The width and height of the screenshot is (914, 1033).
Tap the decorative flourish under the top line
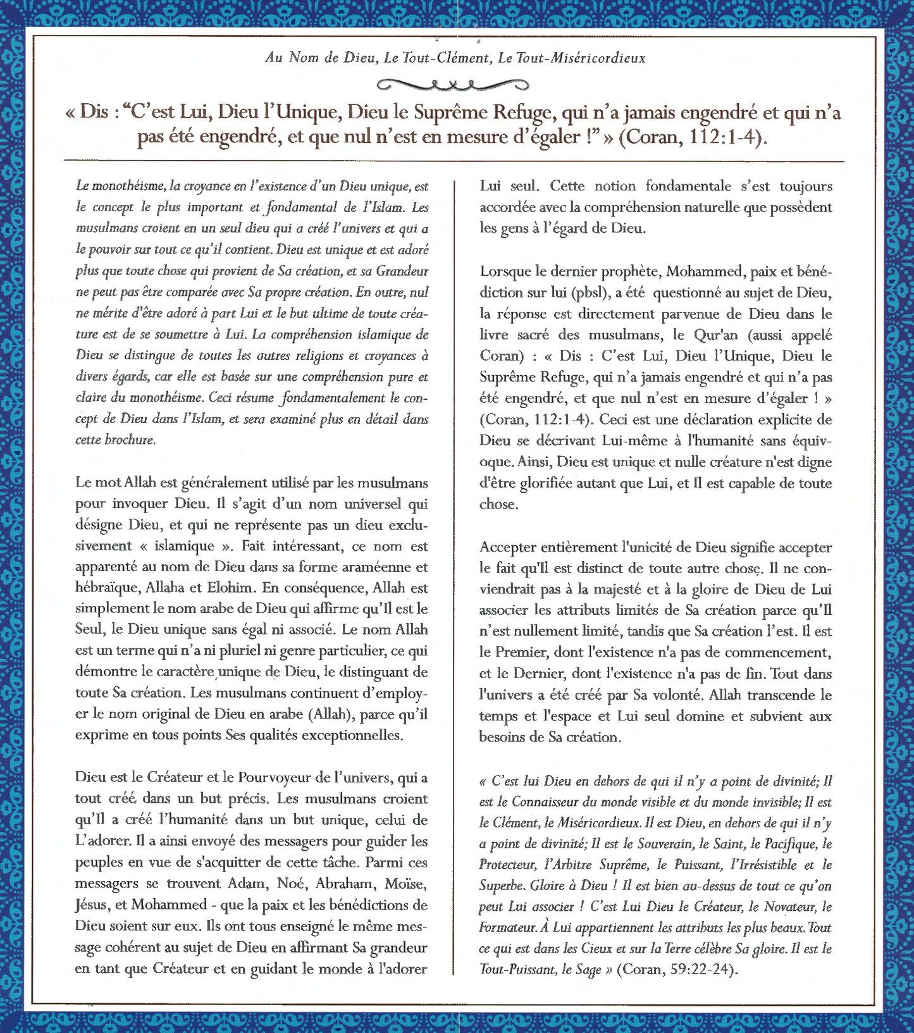[x=452, y=84]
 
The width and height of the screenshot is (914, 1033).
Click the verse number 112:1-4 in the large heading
[x=722, y=137]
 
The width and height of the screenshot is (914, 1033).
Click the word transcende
[x=781, y=695]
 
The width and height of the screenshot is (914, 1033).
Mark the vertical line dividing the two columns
[x=454, y=569]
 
